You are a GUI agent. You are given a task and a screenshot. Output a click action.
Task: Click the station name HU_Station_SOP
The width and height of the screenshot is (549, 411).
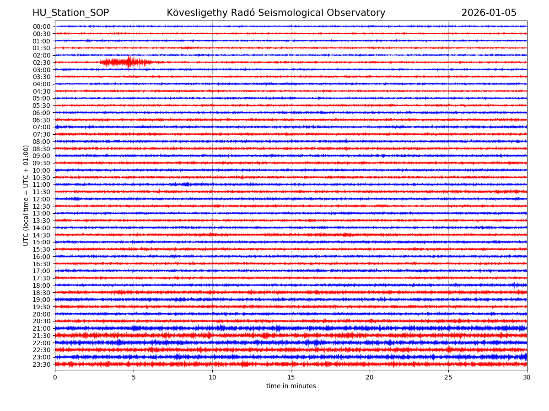[x=70, y=13]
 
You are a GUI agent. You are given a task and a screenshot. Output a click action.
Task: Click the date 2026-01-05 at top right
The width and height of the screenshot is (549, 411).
[x=489, y=13]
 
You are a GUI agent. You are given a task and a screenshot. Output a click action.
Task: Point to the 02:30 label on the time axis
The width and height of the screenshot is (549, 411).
[x=42, y=63]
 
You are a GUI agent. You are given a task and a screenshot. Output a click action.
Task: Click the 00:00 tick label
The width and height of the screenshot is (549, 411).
[x=42, y=26]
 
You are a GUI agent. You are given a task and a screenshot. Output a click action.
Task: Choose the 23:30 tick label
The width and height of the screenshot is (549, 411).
[x=42, y=364]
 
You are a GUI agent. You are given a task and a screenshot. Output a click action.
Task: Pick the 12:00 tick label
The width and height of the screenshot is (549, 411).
[x=42, y=199]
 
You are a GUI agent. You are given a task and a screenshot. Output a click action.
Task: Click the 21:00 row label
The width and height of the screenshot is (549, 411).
[x=42, y=328]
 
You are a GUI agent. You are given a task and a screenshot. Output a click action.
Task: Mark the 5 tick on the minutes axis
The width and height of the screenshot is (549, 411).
[x=134, y=377]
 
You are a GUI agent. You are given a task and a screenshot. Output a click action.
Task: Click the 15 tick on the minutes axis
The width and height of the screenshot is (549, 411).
[x=291, y=377]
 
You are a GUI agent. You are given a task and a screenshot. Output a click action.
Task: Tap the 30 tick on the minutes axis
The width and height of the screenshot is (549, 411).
[x=527, y=377]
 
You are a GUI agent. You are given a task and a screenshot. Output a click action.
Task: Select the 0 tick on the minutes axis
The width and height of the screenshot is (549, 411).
[x=55, y=377]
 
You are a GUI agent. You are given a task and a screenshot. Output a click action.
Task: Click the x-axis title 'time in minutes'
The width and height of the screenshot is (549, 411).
[x=291, y=386]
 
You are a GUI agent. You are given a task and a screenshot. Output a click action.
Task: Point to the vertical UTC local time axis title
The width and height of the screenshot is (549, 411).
[x=27, y=195]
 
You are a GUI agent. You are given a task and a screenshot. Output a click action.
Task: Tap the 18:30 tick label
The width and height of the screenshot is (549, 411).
[x=42, y=293]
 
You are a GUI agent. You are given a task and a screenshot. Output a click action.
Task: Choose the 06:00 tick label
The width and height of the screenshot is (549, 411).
[x=42, y=113]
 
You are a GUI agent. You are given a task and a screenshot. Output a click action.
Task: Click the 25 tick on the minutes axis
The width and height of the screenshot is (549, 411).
[x=448, y=377]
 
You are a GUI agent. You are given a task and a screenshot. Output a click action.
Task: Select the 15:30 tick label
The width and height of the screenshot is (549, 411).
[x=42, y=249]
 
